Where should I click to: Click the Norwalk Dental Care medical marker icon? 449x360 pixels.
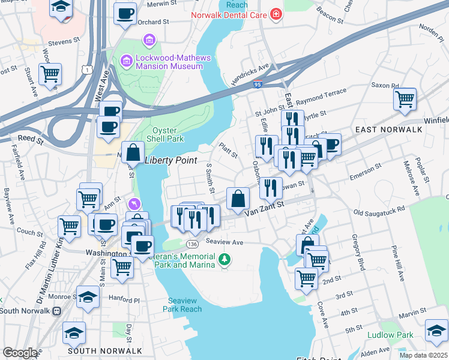coord(276,13)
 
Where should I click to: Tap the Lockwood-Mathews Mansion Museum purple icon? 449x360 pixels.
coord(125,61)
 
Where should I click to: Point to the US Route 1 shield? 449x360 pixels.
coord(89,71)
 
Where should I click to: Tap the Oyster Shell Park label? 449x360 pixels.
coord(169,134)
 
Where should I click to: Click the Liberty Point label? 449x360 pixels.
coord(171,160)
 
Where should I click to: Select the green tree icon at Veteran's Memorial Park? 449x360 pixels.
coord(224,259)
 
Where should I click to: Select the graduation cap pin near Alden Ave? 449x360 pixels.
coord(436,331)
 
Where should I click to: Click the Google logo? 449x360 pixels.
coord(20,352)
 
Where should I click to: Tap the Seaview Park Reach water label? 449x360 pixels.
coord(182,305)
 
